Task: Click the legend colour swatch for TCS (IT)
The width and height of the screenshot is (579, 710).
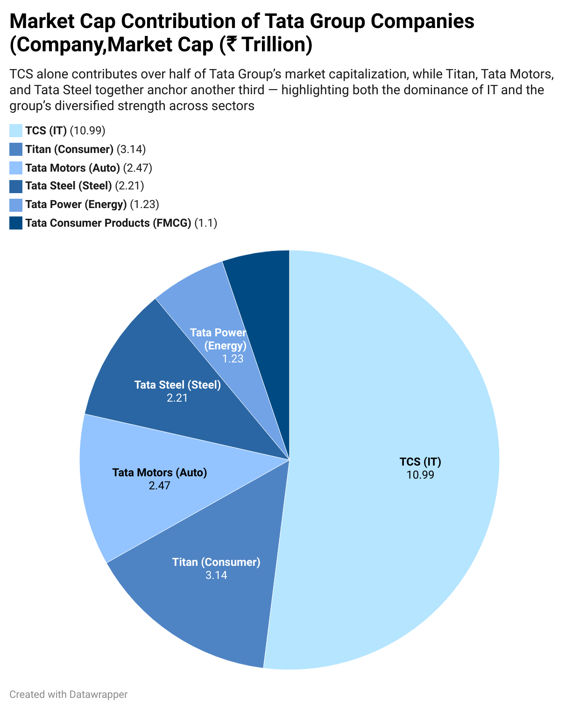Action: click(x=16, y=131)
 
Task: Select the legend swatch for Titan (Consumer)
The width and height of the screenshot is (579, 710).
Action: click(x=16, y=149)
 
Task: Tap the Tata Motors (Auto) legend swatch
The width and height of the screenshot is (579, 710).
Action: click(x=16, y=168)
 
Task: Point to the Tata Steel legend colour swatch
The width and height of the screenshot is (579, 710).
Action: click(x=16, y=186)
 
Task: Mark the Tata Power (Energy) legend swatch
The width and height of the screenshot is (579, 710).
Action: click(x=16, y=205)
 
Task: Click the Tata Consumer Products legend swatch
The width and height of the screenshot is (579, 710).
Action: click(x=16, y=223)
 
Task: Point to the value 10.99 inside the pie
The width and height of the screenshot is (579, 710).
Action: click(x=420, y=475)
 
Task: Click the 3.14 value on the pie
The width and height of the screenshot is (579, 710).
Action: click(x=216, y=575)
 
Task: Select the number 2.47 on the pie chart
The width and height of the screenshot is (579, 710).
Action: click(x=160, y=486)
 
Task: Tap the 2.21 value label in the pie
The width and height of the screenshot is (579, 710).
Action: click(x=177, y=398)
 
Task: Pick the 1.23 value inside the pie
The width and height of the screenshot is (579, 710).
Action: click(x=233, y=359)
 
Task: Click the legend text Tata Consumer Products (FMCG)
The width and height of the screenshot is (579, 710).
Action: click(x=108, y=223)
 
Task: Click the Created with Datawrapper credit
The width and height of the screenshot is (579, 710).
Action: click(x=69, y=695)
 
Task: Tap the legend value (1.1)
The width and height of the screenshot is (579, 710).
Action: click(x=206, y=223)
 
